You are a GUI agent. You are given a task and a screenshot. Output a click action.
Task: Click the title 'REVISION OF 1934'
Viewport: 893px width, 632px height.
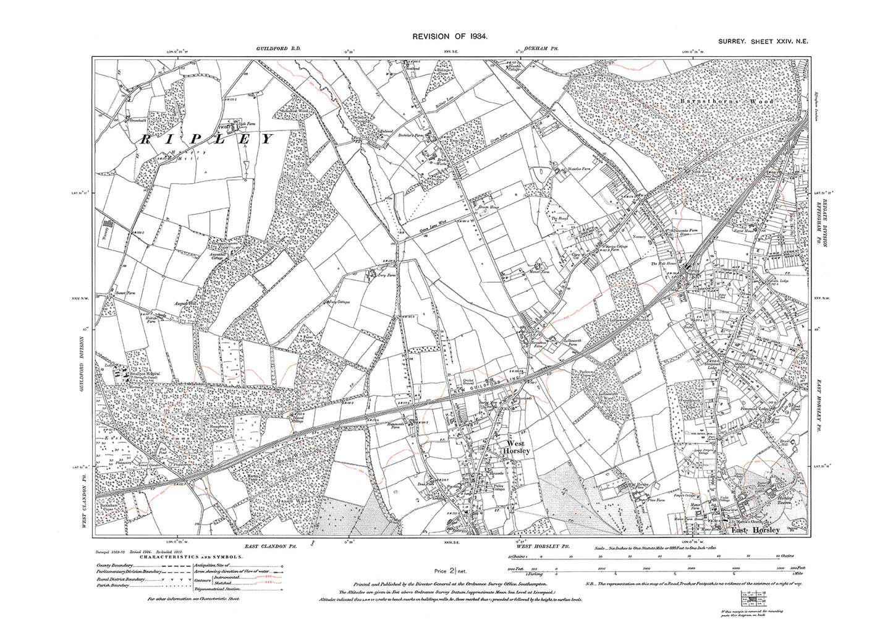[451, 37]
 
